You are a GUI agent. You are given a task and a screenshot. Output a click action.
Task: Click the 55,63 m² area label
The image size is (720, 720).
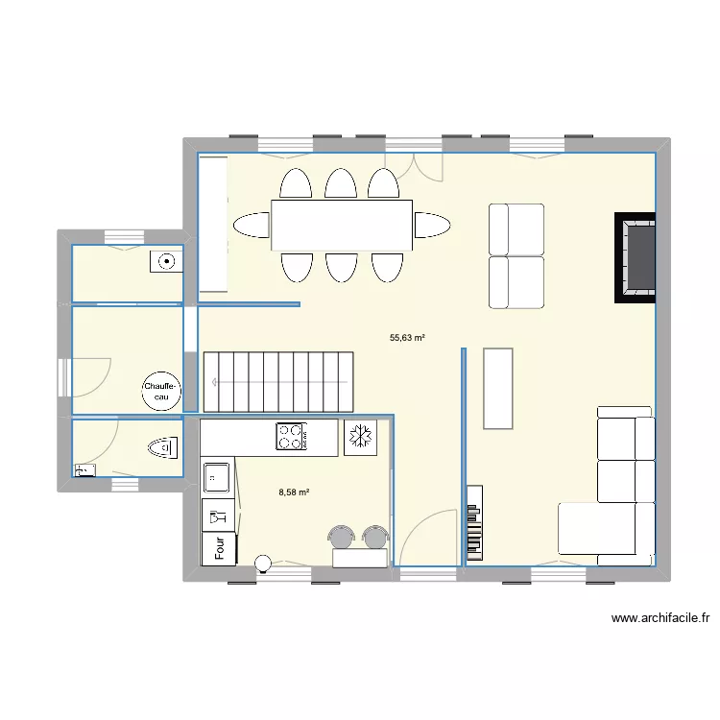point(407,338)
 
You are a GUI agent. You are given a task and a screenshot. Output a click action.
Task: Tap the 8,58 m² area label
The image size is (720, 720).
point(294,492)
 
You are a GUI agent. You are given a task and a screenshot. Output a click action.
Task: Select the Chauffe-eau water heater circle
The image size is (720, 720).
point(161,392)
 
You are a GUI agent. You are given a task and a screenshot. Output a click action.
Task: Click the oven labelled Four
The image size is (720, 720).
point(220,548)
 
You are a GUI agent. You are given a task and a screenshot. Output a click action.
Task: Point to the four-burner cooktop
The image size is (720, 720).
point(292,436)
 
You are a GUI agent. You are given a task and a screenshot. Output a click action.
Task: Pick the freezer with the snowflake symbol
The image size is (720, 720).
point(360,437)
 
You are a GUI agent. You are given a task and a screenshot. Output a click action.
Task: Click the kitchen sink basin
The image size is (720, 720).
point(217,477)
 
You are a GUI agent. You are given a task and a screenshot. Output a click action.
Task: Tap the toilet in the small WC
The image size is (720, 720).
point(163,447)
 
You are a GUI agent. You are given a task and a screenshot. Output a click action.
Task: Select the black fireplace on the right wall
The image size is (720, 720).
point(636,257)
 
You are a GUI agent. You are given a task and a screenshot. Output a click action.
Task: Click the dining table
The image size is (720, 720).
point(342,225)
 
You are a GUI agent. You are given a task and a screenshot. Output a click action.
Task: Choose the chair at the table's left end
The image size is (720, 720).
point(252,225)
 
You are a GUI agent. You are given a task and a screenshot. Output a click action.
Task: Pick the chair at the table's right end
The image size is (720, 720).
point(433,225)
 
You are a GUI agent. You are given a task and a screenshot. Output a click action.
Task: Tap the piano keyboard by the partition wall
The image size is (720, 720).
point(475,523)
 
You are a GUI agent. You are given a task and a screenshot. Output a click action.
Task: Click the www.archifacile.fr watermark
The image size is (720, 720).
point(660,618)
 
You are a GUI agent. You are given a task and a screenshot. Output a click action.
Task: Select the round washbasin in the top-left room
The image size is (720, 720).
point(166,262)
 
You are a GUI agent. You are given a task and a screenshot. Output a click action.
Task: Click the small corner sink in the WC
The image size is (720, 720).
point(84,470)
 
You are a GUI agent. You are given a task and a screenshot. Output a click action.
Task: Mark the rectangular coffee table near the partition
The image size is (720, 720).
point(498,389)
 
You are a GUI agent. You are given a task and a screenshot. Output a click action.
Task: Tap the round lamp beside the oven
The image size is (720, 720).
point(264,564)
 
